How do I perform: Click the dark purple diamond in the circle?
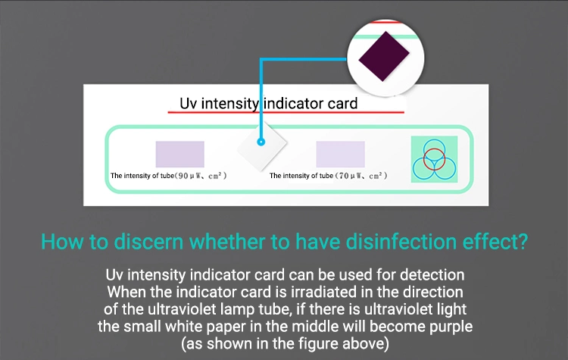tap(384, 56)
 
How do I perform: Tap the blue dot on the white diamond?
tap(261, 142)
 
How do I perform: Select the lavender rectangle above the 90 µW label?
tap(180, 154)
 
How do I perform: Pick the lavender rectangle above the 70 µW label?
tap(341, 154)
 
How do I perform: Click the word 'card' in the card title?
tap(342, 104)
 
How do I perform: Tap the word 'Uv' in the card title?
tap(189, 104)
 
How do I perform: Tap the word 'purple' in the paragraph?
tap(451, 327)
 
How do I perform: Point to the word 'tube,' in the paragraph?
tap(275, 309)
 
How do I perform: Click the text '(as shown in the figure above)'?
tap(285, 343)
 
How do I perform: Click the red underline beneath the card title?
tap(286, 112)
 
